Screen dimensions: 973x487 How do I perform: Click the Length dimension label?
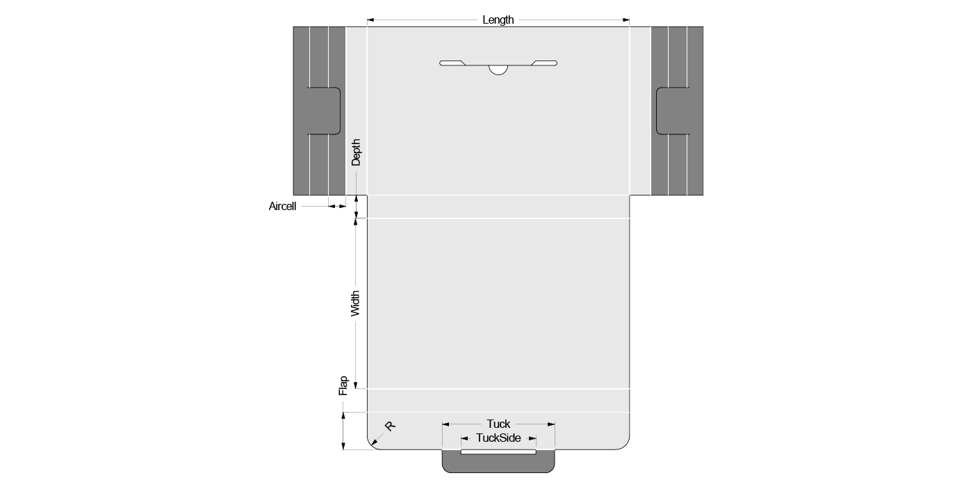tap(498, 20)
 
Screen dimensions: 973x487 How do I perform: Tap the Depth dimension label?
tap(356, 152)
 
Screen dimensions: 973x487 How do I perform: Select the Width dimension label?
tap(355, 303)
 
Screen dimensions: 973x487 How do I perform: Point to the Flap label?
tap(343, 385)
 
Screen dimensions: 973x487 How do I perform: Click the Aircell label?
tap(282, 206)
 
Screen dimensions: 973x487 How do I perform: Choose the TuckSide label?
tap(498, 438)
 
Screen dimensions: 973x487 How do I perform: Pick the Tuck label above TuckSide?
tap(498, 424)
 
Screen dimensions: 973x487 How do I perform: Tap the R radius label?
tap(390, 426)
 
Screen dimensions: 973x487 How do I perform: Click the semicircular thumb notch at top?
tap(498, 70)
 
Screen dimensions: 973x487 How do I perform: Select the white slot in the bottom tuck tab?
tap(498, 452)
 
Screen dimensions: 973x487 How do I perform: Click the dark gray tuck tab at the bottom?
tap(498, 463)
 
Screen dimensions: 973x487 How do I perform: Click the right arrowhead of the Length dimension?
tap(626, 20)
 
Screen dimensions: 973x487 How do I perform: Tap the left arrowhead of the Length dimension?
tap(370, 20)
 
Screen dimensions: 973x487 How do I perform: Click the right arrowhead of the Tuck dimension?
tap(551, 424)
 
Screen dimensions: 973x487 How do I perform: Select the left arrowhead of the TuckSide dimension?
tap(465, 438)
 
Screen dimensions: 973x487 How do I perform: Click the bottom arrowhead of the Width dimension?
tap(356, 385)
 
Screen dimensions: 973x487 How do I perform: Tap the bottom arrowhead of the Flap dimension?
tap(343, 446)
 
